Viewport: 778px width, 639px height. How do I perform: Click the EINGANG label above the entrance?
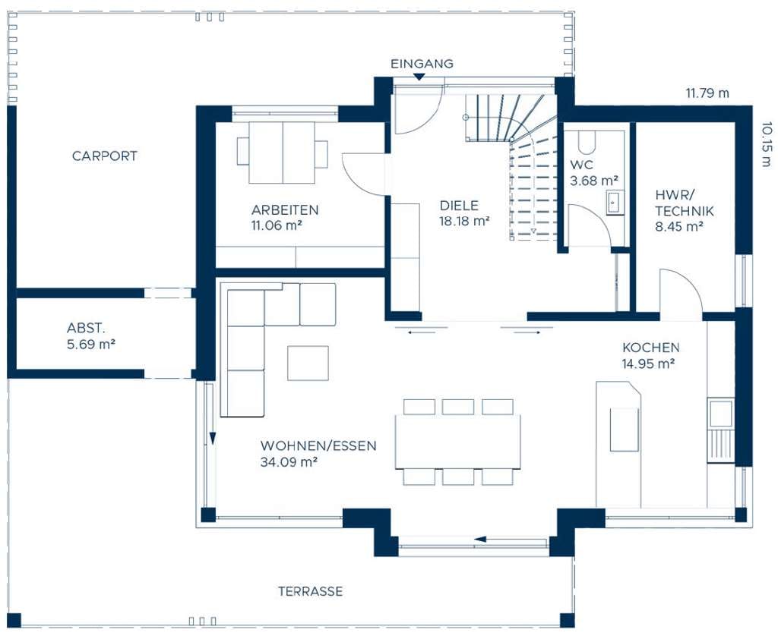422,64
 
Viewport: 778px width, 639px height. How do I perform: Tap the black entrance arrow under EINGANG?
419,77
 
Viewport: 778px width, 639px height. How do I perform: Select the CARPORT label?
104,156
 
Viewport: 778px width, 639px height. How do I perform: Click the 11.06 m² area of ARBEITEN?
277,225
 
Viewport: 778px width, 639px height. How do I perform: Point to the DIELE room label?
459,205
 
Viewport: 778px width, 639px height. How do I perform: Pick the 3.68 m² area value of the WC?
594,181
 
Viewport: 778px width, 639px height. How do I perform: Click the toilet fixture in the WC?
587,142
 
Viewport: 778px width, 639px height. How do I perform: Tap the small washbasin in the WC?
614,203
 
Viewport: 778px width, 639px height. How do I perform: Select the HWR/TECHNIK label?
684,203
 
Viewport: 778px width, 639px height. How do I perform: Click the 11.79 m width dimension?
707,93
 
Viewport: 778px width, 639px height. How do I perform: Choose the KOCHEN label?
650,348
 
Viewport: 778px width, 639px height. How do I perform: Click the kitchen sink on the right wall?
721,413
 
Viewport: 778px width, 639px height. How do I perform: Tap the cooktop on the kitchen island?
625,430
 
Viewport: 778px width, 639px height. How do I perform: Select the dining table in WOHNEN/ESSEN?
458,441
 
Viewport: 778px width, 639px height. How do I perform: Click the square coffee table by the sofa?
308,364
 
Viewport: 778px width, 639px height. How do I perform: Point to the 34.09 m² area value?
289,462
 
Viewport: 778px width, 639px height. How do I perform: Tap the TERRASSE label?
310,591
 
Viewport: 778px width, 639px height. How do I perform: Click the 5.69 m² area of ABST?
91,344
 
